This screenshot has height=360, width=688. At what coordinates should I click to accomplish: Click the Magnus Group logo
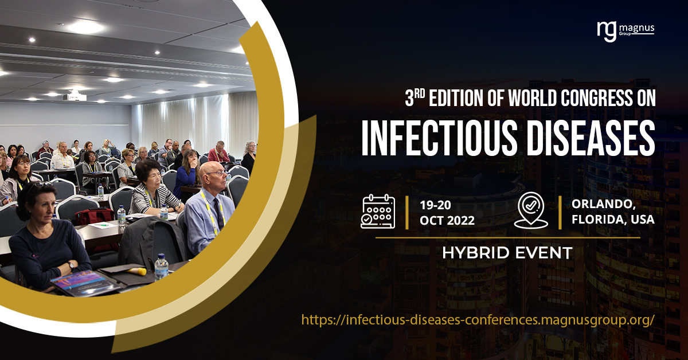pos(625,30)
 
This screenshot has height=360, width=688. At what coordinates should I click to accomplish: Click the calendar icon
pos(378,211)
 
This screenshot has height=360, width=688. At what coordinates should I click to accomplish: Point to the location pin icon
pos(531,211)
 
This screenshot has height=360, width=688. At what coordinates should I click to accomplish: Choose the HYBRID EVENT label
pos(507,252)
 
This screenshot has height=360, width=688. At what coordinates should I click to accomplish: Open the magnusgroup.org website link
pos(478,319)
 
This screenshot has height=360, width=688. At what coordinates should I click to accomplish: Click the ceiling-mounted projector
pos(75,96)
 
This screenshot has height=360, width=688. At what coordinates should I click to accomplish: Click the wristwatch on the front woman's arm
pos(70,265)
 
